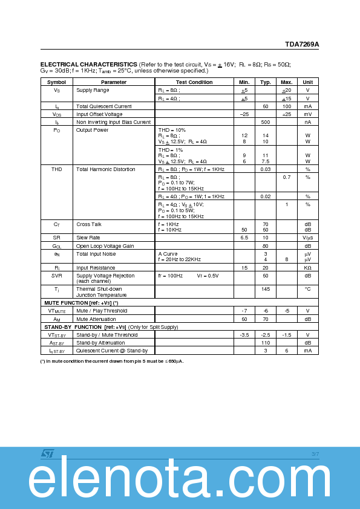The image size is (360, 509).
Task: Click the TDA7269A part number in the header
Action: (x=302, y=44)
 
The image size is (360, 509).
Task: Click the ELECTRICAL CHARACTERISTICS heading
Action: (x=88, y=64)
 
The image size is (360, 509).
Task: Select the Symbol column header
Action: (x=56, y=82)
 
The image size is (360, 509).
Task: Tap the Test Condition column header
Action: (x=194, y=82)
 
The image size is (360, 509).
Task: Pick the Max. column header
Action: (x=286, y=82)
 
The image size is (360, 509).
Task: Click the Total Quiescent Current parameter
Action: (x=103, y=106)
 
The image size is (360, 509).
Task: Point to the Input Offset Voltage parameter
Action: (x=99, y=114)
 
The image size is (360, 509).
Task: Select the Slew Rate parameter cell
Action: (x=88, y=238)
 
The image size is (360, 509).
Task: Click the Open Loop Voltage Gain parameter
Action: (x=104, y=246)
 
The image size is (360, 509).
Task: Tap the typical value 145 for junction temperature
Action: (x=265, y=289)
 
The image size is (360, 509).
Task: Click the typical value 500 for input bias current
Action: (x=265, y=122)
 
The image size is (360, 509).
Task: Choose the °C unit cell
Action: (x=307, y=289)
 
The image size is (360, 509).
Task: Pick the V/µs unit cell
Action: (x=307, y=238)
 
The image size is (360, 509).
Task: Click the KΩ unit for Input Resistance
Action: (x=307, y=267)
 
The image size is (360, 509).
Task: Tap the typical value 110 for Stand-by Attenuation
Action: (x=265, y=342)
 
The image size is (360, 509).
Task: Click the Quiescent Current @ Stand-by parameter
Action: (x=112, y=351)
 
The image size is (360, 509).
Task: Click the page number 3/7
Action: (x=315, y=453)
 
